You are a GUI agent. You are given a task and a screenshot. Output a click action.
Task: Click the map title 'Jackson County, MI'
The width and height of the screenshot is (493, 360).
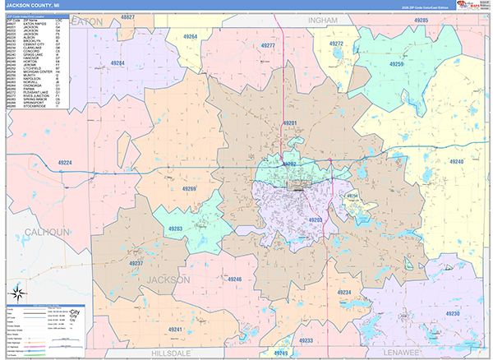(30, 6)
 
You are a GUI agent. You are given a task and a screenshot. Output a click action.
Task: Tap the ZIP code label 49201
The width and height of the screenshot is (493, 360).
(289, 123)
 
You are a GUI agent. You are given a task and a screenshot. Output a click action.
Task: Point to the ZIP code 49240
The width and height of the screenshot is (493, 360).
(456, 162)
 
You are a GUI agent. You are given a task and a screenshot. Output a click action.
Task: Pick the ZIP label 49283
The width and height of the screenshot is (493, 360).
(175, 228)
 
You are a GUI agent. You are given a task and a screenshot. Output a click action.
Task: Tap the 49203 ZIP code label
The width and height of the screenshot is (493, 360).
(315, 220)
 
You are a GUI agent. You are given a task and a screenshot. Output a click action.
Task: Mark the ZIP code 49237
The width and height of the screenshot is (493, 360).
(136, 263)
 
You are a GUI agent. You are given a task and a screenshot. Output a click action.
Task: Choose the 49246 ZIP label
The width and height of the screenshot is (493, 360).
(234, 279)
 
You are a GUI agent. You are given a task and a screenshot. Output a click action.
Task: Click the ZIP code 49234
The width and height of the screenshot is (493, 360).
(344, 293)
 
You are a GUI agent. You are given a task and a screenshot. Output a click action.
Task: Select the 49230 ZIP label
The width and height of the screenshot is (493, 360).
(451, 314)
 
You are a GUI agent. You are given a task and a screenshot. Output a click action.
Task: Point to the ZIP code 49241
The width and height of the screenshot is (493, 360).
(175, 329)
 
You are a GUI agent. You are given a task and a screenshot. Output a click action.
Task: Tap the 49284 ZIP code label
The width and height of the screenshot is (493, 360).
(117, 63)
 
